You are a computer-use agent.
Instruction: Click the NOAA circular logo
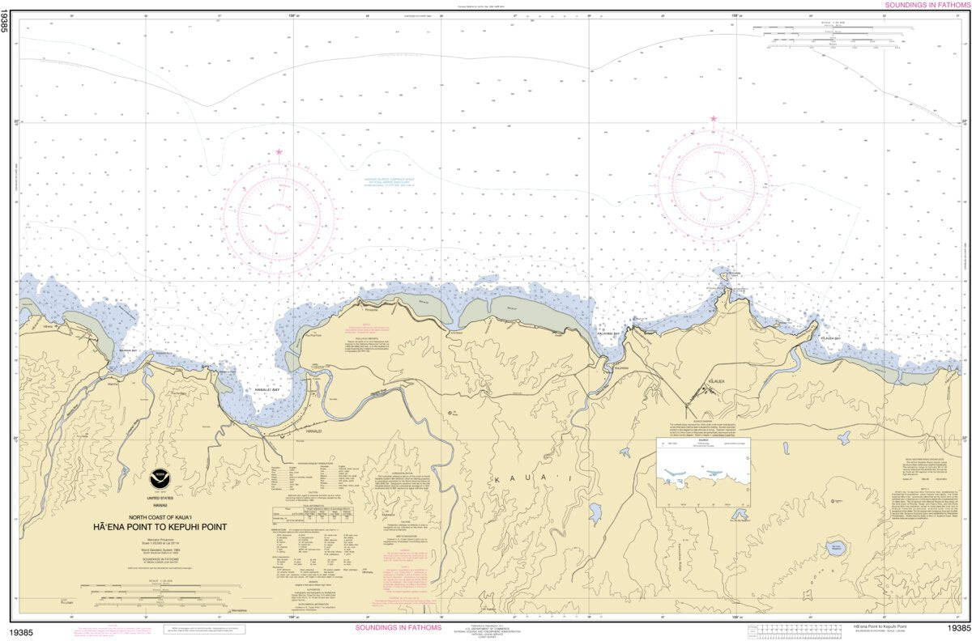(159, 478)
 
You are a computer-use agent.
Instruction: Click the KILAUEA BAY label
(827, 337)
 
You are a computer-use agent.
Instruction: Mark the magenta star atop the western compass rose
(279, 152)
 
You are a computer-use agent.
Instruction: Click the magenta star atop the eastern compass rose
(714, 119)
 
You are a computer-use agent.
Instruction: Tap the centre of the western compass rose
(279, 214)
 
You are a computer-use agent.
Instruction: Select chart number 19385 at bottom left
(22, 628)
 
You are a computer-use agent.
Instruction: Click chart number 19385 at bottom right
(957, 628)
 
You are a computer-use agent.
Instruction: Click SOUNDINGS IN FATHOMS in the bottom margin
(399, 628)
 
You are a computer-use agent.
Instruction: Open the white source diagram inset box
(703, 473)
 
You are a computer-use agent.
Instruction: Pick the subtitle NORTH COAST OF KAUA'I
(160, 516)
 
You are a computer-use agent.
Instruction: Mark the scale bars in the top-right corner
(826, 39)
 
